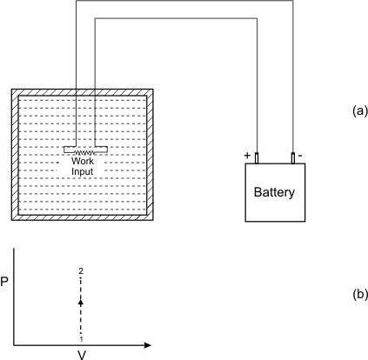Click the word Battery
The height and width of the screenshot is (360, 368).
[x=274, y=192]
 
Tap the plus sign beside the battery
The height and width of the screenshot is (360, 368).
[x=247, y=156]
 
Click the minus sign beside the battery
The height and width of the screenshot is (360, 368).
[x=300, y=156]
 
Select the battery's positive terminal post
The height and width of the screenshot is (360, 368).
[x=257, y=158]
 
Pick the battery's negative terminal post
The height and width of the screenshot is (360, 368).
[x=293, y=158]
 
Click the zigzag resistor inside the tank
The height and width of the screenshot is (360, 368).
[x=84, y=152]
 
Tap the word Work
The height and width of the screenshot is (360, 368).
[x=83, y=161]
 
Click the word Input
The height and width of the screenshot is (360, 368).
[x=83, y=171]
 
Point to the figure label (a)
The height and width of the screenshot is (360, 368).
[x=360, y=110]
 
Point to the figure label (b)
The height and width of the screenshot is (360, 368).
[x=360, y=294]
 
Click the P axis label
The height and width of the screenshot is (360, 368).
[x=4, y=282]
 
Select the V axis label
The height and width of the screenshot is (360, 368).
[x=82, y=355]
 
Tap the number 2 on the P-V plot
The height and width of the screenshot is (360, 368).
[x=81, y=271]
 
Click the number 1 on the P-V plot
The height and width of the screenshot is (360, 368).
[x=82, y=339]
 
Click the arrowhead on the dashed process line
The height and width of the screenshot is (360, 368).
[x=81, y=303]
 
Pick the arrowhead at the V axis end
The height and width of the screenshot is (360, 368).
[x=148, y=345]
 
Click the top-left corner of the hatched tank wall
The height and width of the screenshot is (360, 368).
[x=11, y=89]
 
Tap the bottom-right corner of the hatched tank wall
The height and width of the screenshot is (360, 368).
[x=153, y=220]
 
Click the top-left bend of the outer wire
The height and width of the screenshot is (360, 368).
[x=76, y=0]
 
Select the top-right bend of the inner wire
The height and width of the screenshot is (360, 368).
[x=257, y=18]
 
